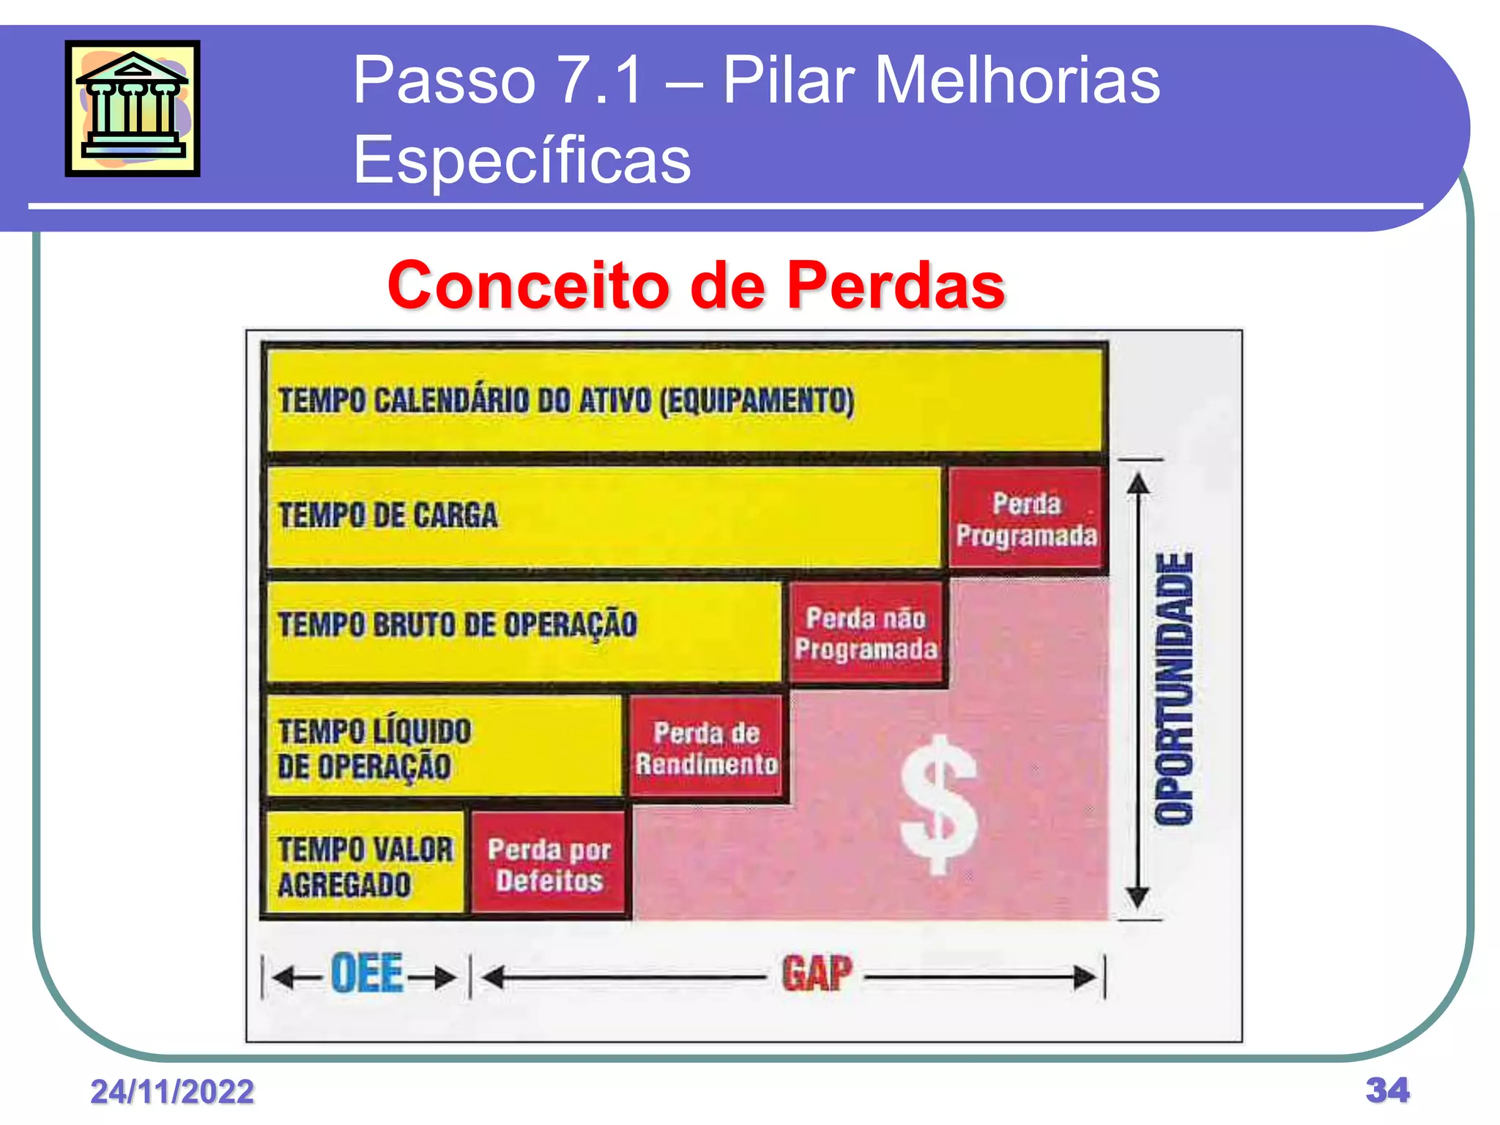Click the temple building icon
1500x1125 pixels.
coord(133,108)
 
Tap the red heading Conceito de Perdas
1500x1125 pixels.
coord(696,286)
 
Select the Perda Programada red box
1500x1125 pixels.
coord(1026,519)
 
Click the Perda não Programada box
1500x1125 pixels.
coord(866,634)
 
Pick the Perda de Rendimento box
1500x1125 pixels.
coord(706,748)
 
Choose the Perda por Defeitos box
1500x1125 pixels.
coord(549,865)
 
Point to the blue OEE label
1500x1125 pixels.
coord(366,974)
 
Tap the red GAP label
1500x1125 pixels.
coord(817,974)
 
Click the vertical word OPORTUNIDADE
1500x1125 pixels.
coord(1174,688)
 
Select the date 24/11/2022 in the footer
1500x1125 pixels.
coord(172,1092)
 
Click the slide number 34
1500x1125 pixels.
coord(1387,1090)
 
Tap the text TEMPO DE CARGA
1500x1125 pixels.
coord(388,516)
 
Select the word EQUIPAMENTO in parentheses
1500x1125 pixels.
coord(757,401)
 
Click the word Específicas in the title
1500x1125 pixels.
coord(521,160)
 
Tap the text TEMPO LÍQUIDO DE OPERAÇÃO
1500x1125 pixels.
coord(374,749)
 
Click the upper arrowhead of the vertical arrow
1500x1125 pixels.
coord(1137,483)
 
